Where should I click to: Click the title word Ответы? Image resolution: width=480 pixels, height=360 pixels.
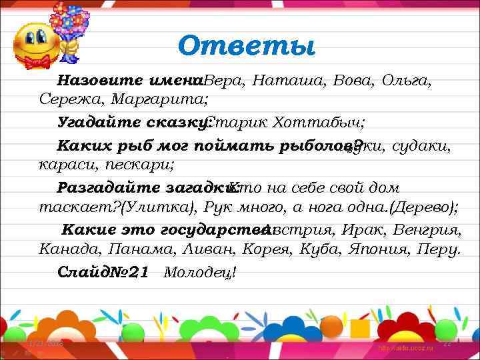[x=246, y=46]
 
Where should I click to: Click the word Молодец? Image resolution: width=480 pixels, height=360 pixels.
[x=200, y=272]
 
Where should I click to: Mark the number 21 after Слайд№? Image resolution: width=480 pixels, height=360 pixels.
[x=136, y=272]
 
